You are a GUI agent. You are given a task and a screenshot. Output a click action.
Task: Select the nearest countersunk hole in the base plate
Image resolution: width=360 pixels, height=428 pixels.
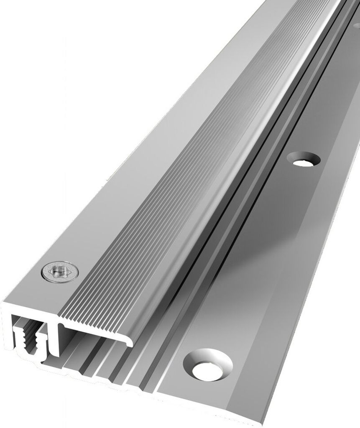(208, 364)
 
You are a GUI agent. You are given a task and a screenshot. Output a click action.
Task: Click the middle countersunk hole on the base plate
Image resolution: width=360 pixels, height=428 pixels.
(303, 159)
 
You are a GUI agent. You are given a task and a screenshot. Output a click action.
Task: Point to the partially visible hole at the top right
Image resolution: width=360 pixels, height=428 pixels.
(357, 25)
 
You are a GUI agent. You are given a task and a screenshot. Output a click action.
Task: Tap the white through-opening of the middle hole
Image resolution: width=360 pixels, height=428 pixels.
(303, 161)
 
